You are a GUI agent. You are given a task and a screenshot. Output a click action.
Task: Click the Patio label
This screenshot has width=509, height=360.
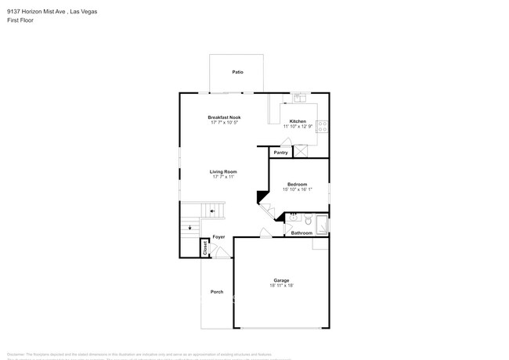tap(237, 72)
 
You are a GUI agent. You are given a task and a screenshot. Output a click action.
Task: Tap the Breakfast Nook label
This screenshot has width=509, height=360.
tap(225, 117)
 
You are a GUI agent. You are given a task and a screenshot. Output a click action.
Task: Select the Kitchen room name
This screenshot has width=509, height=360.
tap(298, 121)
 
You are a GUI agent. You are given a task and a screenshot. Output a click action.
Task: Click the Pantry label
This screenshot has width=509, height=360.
tap(280, 153)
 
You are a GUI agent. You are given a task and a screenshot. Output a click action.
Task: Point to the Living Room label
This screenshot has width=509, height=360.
tap(223, 171)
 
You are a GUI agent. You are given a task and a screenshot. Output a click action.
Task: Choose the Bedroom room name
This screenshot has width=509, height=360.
tap(298, 184)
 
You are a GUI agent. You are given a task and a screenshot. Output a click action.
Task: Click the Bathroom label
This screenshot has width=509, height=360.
tap(301, 233)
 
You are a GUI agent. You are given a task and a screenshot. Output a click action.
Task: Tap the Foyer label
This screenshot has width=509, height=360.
tap(219, 236)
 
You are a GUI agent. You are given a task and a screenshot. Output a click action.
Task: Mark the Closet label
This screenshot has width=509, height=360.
tap(205, 248)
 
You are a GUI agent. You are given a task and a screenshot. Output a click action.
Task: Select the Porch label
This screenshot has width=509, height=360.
tap(217, 292)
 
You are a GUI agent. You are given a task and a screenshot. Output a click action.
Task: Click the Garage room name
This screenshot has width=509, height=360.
tap(281, 280)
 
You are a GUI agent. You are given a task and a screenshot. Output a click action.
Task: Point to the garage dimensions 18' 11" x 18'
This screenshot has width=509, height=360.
tap(281, 286)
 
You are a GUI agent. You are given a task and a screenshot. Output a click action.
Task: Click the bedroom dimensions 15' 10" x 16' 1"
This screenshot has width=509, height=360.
tap(298, 189)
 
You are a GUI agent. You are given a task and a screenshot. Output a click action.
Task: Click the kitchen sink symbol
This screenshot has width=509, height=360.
tap(299, 98)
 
